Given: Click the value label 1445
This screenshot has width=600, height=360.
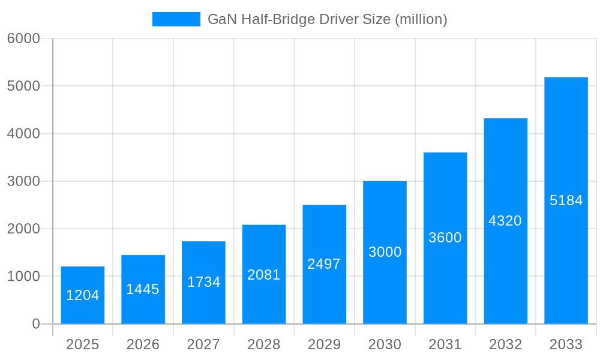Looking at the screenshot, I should click(x=143, y=289).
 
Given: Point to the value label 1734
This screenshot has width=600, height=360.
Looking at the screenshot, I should click(x=203, y=282).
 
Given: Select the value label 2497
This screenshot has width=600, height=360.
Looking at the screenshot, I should click(x=324, y=264).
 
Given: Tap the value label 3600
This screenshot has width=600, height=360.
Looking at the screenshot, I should click(x=445, y=238).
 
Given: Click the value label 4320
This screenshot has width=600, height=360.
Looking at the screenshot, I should click(x=505, y=221).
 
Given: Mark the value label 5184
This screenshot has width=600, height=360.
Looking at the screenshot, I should click(x=566, y=200).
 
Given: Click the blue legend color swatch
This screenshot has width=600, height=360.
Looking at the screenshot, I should click(x=176, y=19).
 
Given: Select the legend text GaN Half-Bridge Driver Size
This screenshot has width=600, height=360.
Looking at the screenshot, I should click(x=327, y=19).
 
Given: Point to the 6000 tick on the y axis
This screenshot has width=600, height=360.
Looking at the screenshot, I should click(x=23, y=38).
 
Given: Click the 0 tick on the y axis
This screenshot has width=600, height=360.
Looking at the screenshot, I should click(x=35, y=324).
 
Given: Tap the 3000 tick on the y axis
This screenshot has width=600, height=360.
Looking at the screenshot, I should click(x=23, y=181).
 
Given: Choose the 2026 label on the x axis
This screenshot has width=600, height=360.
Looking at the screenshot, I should click(x=143, y=344).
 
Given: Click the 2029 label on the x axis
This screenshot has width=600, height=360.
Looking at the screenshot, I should click(x=324, y=344).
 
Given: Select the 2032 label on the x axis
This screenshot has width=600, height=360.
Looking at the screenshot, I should click(x=505, y=344).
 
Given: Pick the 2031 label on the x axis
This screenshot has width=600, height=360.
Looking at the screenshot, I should click(x=445, y=344).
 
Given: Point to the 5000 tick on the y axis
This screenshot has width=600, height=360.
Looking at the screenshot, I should click(x=23, y=86).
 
